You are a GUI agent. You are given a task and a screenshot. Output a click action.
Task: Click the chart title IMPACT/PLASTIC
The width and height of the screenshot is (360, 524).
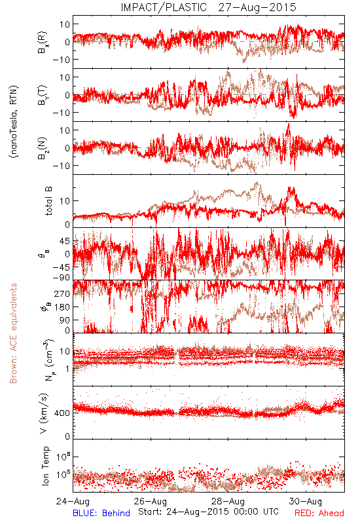tap(164, 7)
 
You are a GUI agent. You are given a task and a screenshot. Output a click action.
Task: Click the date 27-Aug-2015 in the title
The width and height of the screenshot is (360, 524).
tap(257, 7)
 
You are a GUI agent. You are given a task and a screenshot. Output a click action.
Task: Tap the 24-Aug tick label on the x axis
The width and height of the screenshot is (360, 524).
tap(73, 501)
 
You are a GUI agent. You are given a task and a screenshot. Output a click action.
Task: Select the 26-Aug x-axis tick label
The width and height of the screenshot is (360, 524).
tap(151, 501)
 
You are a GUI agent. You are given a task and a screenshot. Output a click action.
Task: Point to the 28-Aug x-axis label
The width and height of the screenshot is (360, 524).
tap(228, 501)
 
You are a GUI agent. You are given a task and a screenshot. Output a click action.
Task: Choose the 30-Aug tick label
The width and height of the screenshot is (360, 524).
tap(306, 501)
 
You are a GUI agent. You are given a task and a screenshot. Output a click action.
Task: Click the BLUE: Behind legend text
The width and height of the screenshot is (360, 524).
tap(101, 513)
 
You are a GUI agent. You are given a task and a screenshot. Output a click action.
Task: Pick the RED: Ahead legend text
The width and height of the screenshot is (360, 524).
tap(319, 513)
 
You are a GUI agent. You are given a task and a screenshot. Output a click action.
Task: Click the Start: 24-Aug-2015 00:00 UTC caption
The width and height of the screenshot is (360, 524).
tap(208, 512)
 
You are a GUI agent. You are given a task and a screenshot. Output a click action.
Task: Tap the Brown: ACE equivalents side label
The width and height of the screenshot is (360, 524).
tap(13, 333)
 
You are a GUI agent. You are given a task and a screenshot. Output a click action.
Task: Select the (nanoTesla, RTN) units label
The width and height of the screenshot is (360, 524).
tap(14, 122)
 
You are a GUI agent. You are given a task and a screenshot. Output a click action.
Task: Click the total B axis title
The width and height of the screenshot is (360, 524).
tap(48, 201)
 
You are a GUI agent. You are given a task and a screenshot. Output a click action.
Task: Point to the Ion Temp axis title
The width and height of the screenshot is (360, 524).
tap(45, 466)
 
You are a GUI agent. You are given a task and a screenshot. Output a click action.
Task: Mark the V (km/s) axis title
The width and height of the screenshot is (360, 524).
tap(44, 413)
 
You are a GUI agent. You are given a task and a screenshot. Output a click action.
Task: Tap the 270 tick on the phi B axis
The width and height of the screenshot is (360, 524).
tap(63, 293)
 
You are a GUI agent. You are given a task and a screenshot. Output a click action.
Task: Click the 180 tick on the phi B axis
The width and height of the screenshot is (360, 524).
tap(63, 307)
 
